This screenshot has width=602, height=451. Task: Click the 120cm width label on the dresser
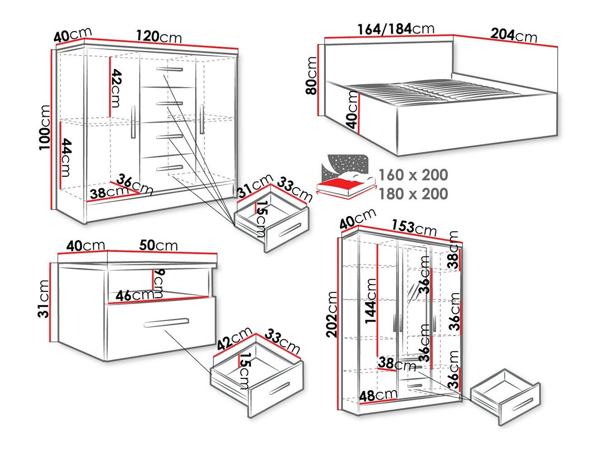click(x=159, y=36)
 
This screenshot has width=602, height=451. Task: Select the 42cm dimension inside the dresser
click(x=116, y=88)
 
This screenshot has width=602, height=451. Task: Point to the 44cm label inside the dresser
click(x=66, y=157)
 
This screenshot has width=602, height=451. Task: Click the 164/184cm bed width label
click(x=395, y=29)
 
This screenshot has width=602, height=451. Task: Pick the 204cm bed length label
click(x=514, y=35)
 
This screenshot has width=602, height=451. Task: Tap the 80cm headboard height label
click(x=311, y=75)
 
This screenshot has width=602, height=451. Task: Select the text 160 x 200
click(x=413, y=175)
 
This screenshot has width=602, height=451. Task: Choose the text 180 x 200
click(x=413, y=194)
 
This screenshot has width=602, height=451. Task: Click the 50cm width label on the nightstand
click(x=158, y=245)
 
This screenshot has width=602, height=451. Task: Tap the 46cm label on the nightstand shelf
click(x=135, y=296)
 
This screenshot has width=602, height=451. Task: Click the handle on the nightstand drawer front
click(x=166, y=323)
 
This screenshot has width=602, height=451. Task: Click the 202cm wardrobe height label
click(x=333, y=314)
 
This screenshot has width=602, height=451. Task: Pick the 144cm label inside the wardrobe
click(x=371, y=301)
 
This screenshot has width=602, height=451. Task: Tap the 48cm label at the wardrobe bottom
click(x=378, y=396)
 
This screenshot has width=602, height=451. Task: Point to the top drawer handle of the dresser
click(x=170, y=69)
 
